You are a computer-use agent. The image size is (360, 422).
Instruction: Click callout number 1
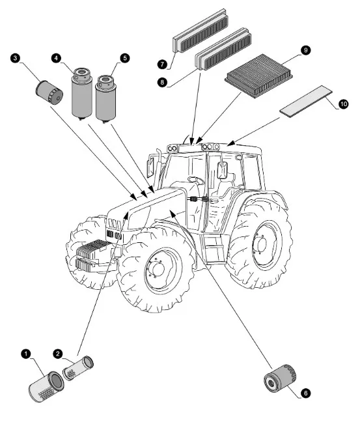[x=26, y=354]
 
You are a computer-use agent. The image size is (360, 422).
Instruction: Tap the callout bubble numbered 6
[x=305, y=393]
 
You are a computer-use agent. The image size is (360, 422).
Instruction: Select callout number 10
[x=343, y=104]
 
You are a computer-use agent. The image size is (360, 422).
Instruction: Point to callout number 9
[x=305, y=50]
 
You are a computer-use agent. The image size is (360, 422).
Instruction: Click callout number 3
[x=15, y=58]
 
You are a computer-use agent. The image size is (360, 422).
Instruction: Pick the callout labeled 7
[x=162, y=64]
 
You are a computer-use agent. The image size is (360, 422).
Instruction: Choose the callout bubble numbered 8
[x=162, y=82]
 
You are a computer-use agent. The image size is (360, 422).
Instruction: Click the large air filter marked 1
[x=46, y=386]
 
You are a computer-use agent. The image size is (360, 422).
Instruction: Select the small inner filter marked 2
[x=78, y=368]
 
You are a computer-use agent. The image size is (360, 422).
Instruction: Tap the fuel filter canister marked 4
[x=82, y=93]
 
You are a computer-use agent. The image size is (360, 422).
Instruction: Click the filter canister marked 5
[x=105, y=98]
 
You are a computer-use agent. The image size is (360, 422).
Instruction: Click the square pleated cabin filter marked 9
[x=258, y=76]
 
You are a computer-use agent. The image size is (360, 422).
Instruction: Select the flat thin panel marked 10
[x=306, y=101]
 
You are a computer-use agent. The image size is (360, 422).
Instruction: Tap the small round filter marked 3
[x=49, y=92]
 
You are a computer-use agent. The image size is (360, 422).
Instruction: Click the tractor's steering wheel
[x=196, y=180]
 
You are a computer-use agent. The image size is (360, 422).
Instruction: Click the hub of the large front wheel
[x=158, y=270]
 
